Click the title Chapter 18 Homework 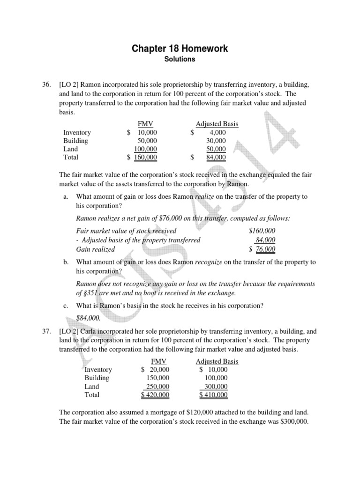(180, 49)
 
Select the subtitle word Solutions (180, 60)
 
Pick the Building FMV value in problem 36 (147, 141)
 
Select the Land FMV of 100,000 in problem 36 (145, 149)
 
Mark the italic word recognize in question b (209, 262)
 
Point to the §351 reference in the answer (94, 293)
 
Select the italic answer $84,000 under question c (88, 317)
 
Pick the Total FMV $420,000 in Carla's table (155, 395)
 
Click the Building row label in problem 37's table (97, 378)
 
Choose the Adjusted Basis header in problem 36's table (217, 124)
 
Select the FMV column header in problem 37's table (158, 361)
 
